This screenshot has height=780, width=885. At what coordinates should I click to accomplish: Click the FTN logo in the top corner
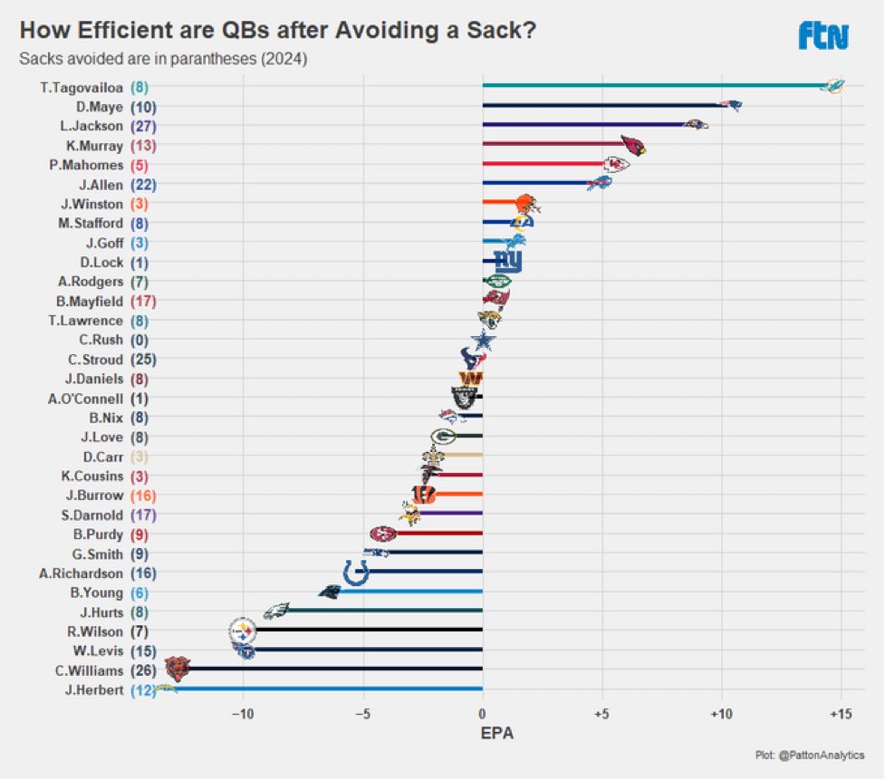tap(822, 35)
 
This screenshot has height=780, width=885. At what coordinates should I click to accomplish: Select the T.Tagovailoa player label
tap(81, 87)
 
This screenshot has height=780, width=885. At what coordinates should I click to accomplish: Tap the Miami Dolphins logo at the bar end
tap(832, 86)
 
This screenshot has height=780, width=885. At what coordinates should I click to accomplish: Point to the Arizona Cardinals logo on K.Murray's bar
tap(632, 145)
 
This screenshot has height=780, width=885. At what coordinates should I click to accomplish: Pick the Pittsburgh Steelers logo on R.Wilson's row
tap(242, 631)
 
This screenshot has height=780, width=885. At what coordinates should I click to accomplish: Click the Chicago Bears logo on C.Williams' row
tap(177, 669)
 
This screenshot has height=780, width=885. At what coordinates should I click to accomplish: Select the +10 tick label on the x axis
tap(721, 713)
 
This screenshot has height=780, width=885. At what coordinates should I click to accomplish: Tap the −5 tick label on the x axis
tap(362, 713)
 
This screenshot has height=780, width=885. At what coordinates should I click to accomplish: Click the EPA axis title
tap(496, 733)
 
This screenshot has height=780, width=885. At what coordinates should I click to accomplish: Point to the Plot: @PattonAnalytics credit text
tap(809, 755)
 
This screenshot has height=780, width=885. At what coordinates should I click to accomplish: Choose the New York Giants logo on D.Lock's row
tap(507, 262)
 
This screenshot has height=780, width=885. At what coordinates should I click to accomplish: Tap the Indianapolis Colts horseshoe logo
tap(356, 573)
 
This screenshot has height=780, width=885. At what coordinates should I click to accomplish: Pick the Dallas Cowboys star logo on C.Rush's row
tap(485, 341)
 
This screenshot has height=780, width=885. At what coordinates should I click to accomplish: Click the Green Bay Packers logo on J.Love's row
tap(443, 437)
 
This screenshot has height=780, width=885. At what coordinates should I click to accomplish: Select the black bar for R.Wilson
tap(371, 631)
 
